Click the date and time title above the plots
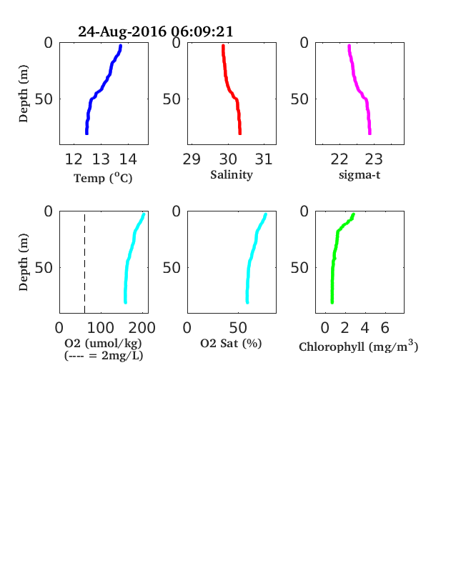156,31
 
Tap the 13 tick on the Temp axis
101,159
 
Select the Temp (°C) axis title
103,178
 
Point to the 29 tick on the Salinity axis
192,159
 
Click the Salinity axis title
232,175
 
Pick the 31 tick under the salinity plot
264,159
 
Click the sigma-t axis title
360,175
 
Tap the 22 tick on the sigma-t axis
339,159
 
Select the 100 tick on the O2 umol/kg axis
101,328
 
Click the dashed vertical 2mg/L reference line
85,262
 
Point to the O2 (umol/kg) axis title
104,343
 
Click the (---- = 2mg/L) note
104,356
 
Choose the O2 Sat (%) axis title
231,343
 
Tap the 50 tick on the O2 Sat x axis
238,328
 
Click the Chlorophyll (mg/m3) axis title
359,346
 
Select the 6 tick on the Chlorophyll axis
385,328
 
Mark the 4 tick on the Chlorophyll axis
365,328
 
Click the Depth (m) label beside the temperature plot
24,94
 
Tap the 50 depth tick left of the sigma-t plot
299,99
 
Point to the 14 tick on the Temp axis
128,159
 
